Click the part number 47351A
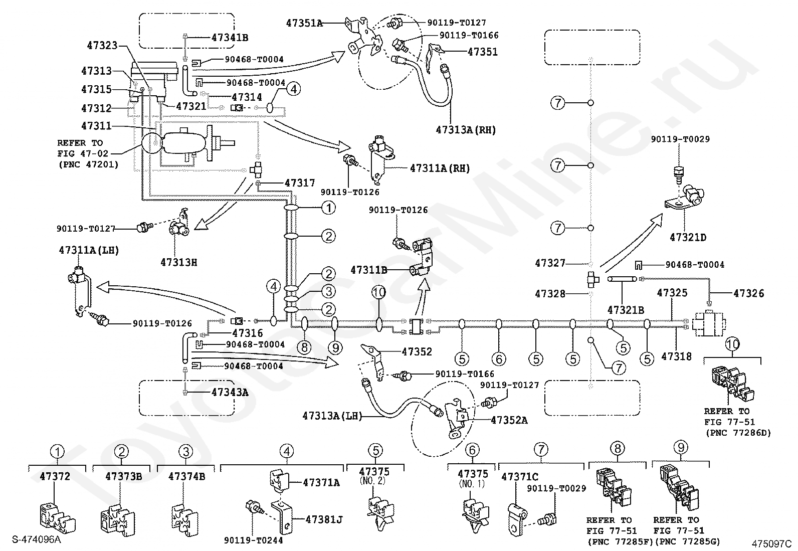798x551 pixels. click(x=304, y=23)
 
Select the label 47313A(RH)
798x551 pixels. click(x=466, y=130)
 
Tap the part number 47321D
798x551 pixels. click(x=688, y=237)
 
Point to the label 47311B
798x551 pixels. click(x=369, y=270)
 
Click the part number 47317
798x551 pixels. click(x=300, y=183)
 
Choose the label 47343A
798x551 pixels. click(x=230, y=392)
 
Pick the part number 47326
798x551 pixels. click(x=749, y=293)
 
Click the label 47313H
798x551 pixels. click(x=179, y=263)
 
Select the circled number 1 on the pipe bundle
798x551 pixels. click(x=328, y=208)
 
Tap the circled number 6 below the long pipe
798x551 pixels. click(x=499, y=359)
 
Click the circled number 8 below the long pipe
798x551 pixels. click(x=304, y=347)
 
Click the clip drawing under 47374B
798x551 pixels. click(x=184, y=519)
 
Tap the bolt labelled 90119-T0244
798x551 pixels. click(x=254, y=507)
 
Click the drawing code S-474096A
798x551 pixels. click(x=36, y=539)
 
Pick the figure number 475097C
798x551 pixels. click(x=771, y=544)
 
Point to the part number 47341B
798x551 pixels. click(x=230, y=38)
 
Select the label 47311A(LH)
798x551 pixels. click(x=89, y=250)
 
